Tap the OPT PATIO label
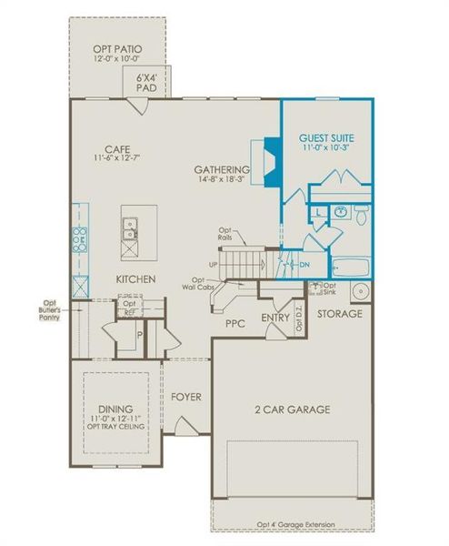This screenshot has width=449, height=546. [117, 48]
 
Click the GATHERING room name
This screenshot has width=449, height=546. [222, 170]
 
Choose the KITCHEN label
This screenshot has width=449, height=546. [135, 278]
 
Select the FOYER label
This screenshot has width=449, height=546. [186, 398]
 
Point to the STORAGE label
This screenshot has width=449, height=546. [340, 314]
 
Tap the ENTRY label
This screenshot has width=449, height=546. [274, 318]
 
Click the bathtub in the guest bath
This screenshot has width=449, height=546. [349, 268]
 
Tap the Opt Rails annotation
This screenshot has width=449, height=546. [225, 234]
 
